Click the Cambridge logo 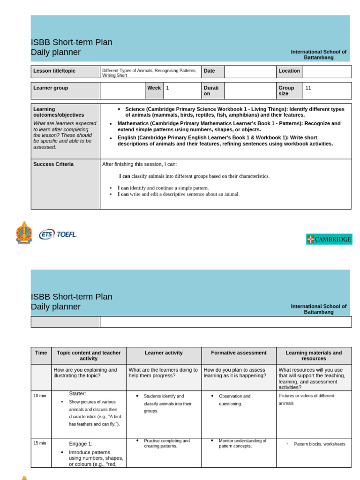point(329,240)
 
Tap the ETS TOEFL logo point(58,234)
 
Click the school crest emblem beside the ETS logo point(24,233)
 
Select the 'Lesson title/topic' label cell point(54,71)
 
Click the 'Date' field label point(209,71)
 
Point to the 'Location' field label point(289,71)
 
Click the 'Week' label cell point(154,88)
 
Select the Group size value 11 point(308,88)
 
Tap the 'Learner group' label point(51,88)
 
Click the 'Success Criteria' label point(53,164)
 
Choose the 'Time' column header point(41,352)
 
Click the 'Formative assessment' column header point(239,352)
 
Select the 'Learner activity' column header point(164,352)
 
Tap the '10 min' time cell point(40,396)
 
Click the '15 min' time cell point(40,443)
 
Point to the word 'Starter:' point(77,393)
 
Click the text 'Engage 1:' point(81,443)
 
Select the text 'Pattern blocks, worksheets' point(319,444)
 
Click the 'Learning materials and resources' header point(314,355)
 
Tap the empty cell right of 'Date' point(250,71)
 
